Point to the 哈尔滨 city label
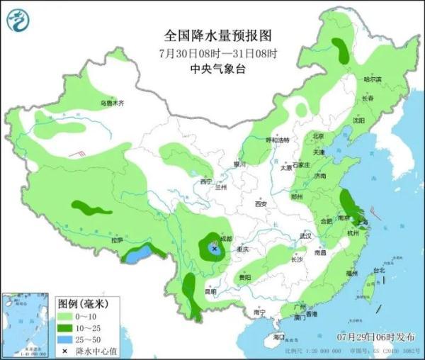372,79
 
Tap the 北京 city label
318,136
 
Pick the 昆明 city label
210,291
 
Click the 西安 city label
261,204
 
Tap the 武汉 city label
306,235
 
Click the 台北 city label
378,270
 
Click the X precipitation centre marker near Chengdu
214,248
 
